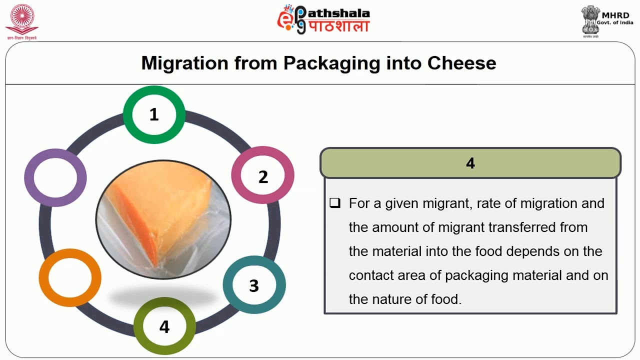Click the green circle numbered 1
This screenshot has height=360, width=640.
pyautogui.click(x=154, y=115)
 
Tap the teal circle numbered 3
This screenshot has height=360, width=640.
pyautogui.click(x=254, y=285)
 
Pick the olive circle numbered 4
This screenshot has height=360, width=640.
pyautogui.click(x=164, y=326)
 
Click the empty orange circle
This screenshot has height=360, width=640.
pyautogui.click(x=70, y=277)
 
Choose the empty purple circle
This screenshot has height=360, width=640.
pyautogui.click(x=55, y=177)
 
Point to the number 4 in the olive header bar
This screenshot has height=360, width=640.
pyautogui.click(x=470, y=163)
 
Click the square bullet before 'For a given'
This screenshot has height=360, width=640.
pyautogui.click(x=334, y=203)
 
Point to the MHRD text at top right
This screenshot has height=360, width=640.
pyautogui.click(x=615, y=15)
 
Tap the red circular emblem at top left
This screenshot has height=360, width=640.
pyautogui.click(x=21, y=19)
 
